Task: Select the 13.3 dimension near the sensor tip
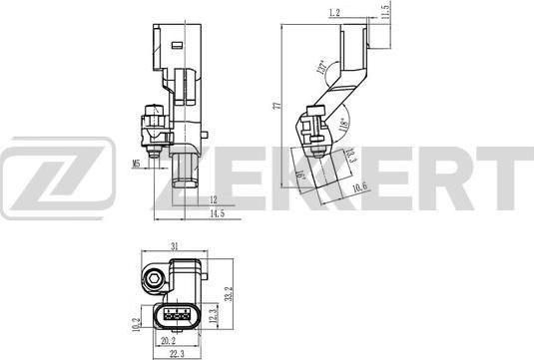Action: point(350,154)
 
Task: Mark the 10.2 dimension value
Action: point(136,323)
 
